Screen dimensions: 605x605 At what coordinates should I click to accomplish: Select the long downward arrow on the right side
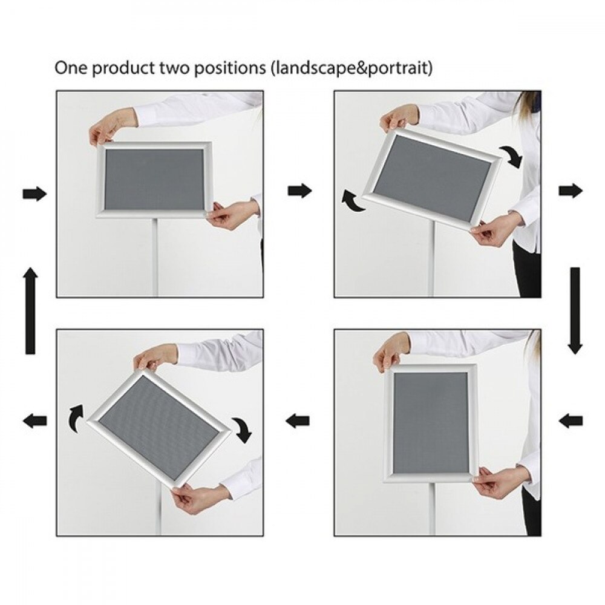575,310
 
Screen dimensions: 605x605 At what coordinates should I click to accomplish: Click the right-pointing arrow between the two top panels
300,190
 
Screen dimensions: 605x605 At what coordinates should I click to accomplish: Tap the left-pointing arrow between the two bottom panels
298,420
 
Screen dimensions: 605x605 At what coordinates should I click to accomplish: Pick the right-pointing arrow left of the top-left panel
34,194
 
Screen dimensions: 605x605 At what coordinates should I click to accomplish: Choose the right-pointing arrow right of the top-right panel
571,191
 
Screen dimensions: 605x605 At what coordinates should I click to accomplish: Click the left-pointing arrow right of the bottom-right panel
571,420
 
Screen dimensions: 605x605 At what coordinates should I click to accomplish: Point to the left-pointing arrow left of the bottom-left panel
34,420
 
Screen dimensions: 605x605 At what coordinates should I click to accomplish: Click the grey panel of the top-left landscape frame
155,180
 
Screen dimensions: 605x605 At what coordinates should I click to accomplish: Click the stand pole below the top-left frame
156,257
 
